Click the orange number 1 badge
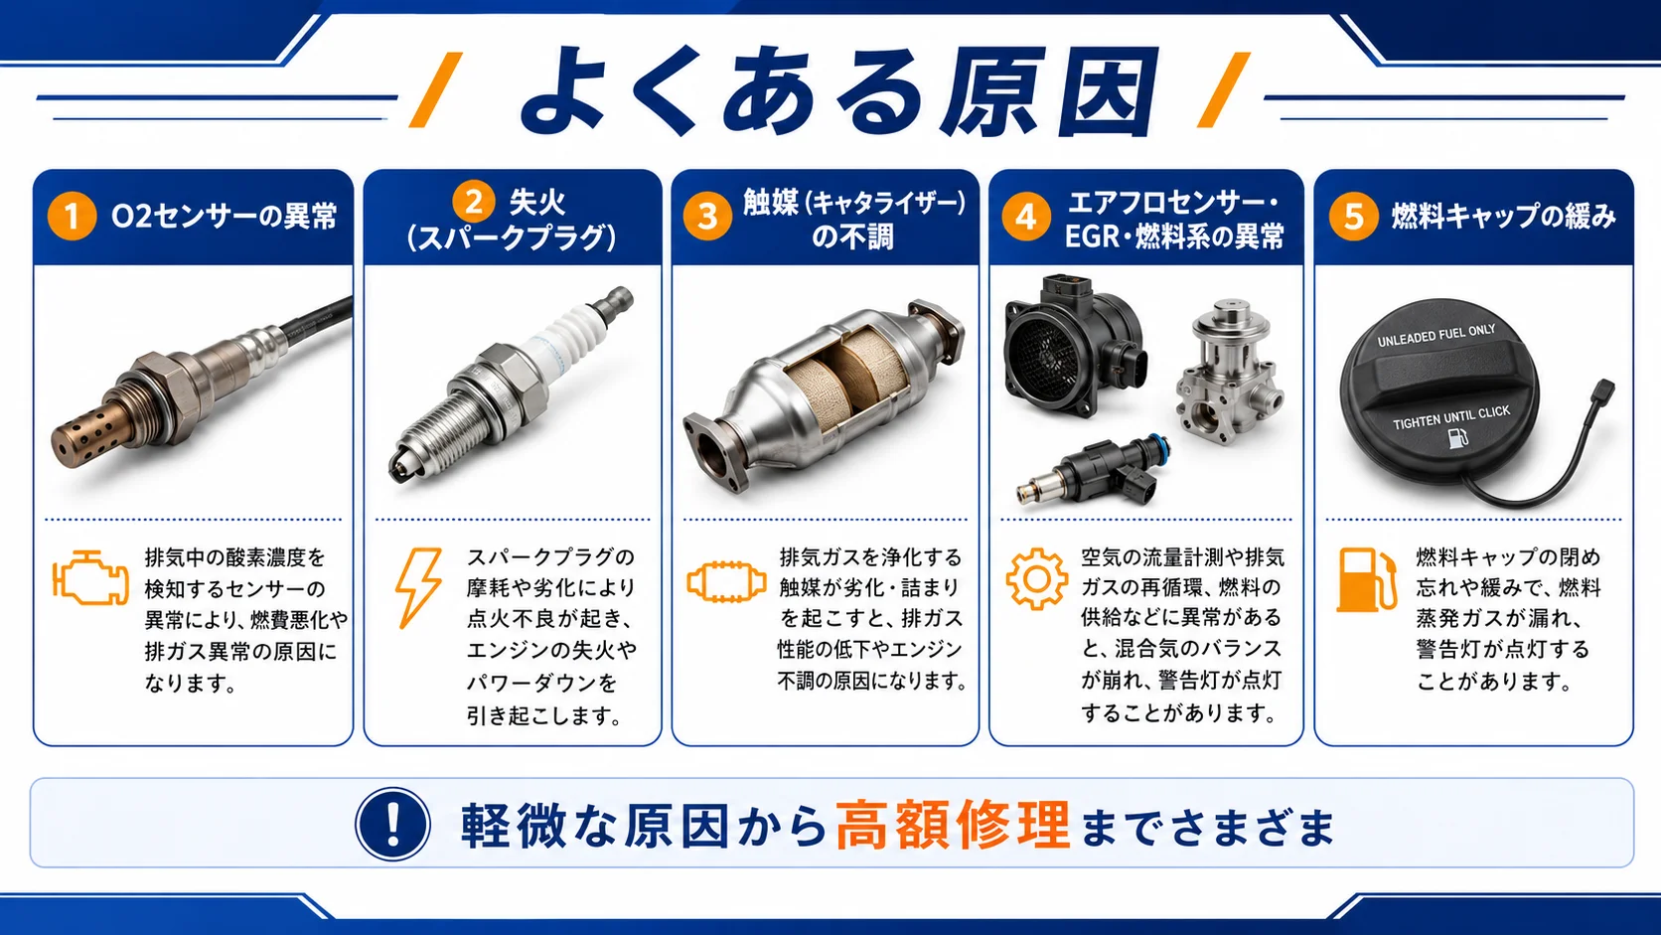point(72,216)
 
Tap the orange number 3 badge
point(707,216)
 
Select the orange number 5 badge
point(1353,216)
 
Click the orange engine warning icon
point(90,577)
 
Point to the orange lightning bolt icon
point(419,588)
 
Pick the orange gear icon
point(1037,579)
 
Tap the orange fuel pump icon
point(1367,580)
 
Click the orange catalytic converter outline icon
point(726,582)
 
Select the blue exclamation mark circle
point(393,824)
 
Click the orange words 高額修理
point(953,825)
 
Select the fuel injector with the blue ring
point(1094,472)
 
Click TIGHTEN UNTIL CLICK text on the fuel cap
point(1451,417)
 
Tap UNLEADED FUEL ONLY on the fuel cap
point(1436,335)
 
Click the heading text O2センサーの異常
point(224,216)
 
